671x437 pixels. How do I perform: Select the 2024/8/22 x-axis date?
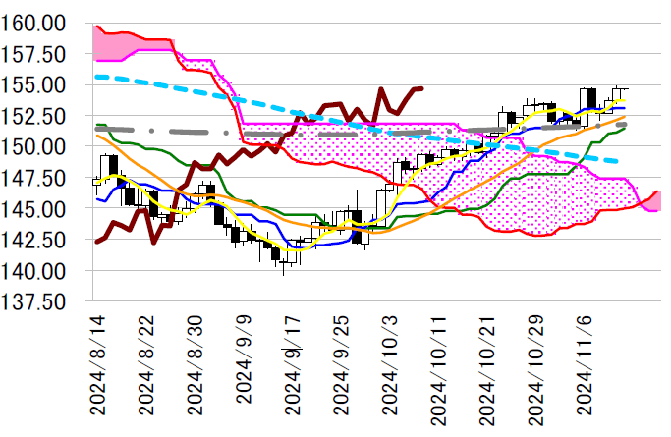(145, 373)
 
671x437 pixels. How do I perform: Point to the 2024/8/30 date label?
(194, 373)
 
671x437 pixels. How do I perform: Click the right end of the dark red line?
(422, 88)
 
